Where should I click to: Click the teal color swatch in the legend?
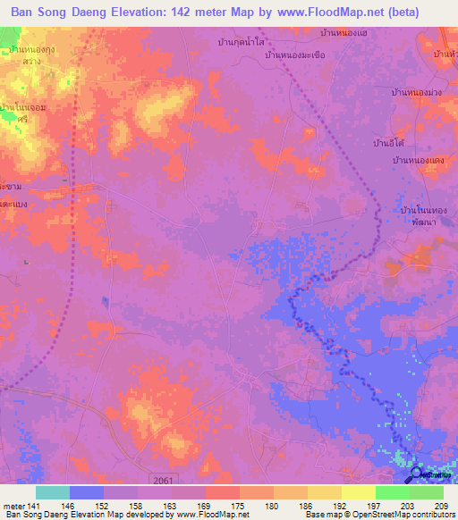coord(52,492)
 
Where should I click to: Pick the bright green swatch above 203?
coord(392,492)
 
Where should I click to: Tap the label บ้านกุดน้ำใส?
coord(242,42)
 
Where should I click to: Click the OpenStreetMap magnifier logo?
coord(418,475)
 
